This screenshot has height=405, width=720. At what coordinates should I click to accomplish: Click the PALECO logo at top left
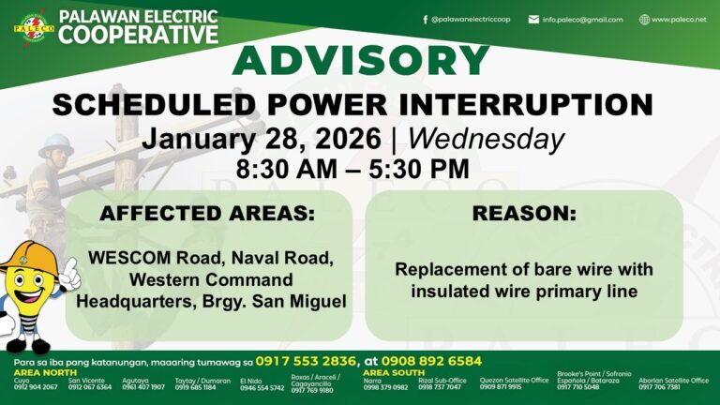34,26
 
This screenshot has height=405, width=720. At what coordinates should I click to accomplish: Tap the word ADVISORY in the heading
361,62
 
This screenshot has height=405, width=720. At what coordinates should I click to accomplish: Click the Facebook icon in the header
425,19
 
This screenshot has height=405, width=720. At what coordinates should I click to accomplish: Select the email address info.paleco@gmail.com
582,19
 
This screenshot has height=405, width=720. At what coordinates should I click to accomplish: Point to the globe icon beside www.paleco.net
644,19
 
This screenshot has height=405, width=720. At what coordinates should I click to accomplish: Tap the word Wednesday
487,139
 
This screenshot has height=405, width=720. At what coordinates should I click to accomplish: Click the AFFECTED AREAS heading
207,214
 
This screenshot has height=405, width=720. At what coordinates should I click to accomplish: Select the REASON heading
523,214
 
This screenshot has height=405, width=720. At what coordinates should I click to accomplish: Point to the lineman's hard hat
55,141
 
